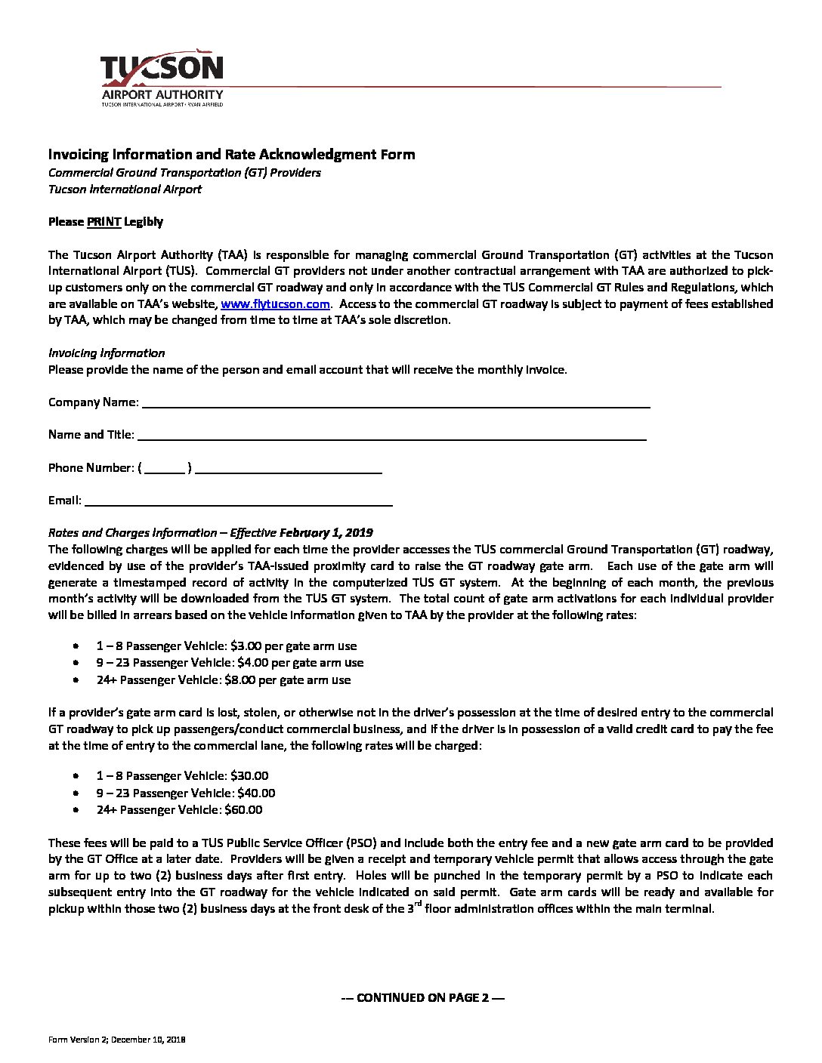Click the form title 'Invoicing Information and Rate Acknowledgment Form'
click(x=231, y=155)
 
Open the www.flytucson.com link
click(x=275, y=303)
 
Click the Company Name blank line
click(x=396, y=402)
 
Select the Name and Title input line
click(x=391, y=435)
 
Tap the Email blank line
click(x=238, y=500)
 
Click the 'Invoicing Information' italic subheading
click(x=107, y=353)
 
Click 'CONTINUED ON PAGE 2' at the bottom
click(x=422, y=997)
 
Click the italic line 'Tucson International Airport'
click(x=125, y=189)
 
